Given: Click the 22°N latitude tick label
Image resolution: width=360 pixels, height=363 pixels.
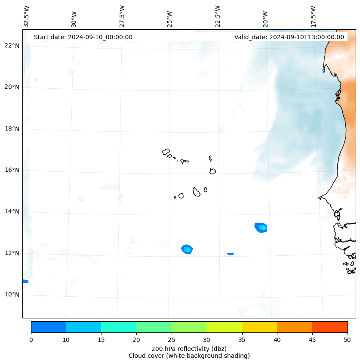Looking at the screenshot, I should pos(12,46).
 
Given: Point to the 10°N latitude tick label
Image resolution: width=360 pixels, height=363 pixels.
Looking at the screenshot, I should pos(12,295).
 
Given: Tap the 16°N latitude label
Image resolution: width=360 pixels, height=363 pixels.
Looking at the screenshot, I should pos(12,170).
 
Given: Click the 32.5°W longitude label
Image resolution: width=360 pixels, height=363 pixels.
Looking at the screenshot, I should pos(27,16).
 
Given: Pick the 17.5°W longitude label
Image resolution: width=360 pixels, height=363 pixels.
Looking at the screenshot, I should pos(313,16).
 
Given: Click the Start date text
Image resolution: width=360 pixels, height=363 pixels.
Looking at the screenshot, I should pos(83,37).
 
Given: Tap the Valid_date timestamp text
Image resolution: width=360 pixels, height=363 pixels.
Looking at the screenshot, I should pos(289,37).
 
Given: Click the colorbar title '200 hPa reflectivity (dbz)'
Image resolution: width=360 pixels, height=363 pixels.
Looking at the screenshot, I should pos(189,348).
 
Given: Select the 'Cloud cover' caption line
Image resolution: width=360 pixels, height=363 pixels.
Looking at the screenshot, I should pos(189,356).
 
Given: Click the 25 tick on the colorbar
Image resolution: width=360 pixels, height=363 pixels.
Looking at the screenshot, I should pos(171,340).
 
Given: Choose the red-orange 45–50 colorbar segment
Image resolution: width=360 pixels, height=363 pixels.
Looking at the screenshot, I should pos(330,327).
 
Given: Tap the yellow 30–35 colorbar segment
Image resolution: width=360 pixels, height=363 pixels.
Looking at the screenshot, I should pos(224,327).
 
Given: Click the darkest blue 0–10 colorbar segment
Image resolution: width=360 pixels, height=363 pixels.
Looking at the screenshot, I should pos(48,327).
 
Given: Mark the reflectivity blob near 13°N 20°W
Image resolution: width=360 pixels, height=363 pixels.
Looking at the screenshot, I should pos(261,227).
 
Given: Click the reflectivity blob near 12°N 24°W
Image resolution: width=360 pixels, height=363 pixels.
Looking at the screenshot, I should pos(187,249).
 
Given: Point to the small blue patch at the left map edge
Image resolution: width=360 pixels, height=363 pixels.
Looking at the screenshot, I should pos(25,281).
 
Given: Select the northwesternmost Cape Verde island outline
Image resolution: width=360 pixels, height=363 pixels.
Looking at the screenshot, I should pos(166,152).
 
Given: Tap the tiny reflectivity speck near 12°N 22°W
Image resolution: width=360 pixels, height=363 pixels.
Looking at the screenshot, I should pos(231,254).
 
